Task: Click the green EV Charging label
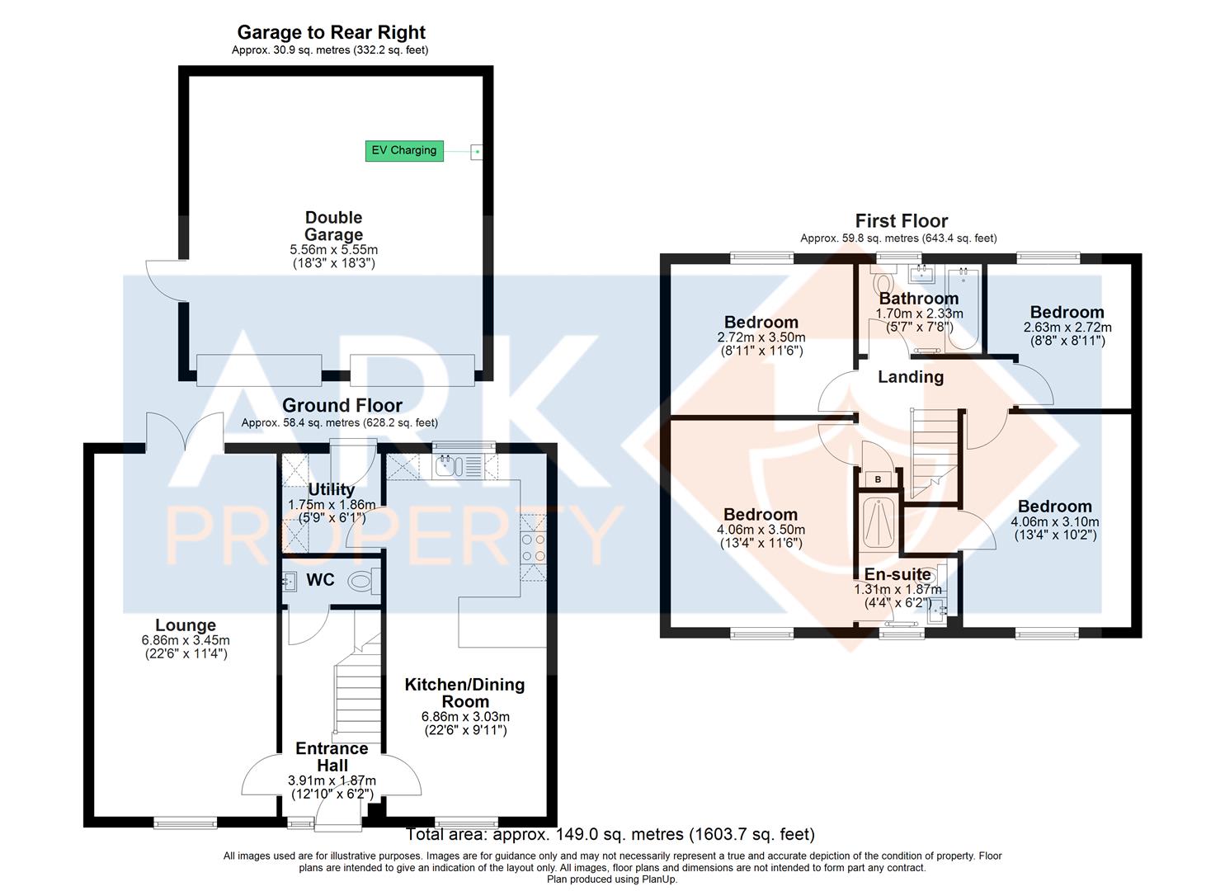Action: tap(404, 150)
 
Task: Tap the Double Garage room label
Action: tap(333, 226)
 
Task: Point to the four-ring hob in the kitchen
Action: tap(533, 548)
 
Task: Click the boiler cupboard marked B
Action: tap(878, 479)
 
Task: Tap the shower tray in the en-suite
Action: tap(878, 521)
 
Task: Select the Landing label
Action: tap(911, 377)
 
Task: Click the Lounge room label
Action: tap(186, 625)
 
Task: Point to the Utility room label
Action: tap(332, 489)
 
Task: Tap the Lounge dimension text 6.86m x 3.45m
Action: tap(186, 640)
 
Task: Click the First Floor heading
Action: tap(902, 221)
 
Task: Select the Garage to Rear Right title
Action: tap(331, 32)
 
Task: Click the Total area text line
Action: tap(610, 834)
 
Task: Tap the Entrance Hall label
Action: tap(332, 757)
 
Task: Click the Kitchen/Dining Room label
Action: tap(465, 692)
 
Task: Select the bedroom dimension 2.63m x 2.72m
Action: tap(1067, 327)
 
